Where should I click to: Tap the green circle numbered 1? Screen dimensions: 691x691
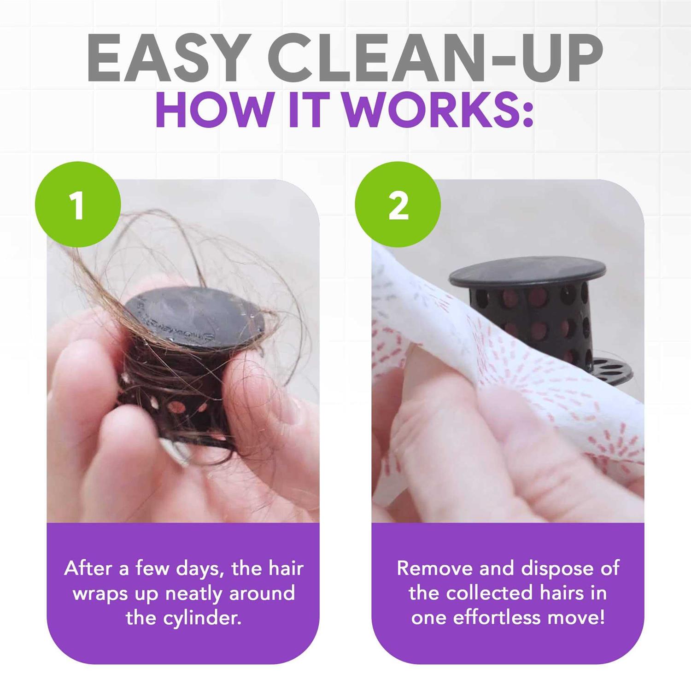click(x=77, y=205)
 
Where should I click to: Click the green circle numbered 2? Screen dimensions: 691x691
click(x=398, y=205)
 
